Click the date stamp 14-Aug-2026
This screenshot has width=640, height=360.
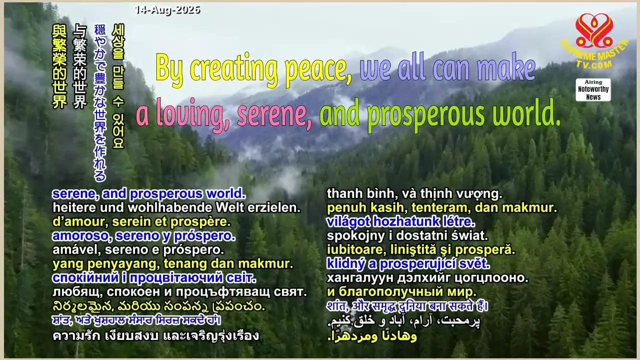(167, 10)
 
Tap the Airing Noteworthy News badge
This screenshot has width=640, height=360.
(593, 89)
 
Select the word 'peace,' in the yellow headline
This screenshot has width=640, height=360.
(318, 69)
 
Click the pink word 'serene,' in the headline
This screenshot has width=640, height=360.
(274, 113)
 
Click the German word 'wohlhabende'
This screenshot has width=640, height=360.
(169, 207)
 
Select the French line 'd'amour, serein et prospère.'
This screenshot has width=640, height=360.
(141, 221)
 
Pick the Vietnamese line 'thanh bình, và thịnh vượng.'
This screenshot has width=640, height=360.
(414, 194)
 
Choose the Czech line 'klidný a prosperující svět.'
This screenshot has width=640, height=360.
(408, 264)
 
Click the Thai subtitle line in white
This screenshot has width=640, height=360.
(155, 335)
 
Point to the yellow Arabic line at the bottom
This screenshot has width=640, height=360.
(372, 336)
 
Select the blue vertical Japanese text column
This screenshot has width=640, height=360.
(100, 103)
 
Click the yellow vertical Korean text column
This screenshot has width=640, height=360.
(118, 86)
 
